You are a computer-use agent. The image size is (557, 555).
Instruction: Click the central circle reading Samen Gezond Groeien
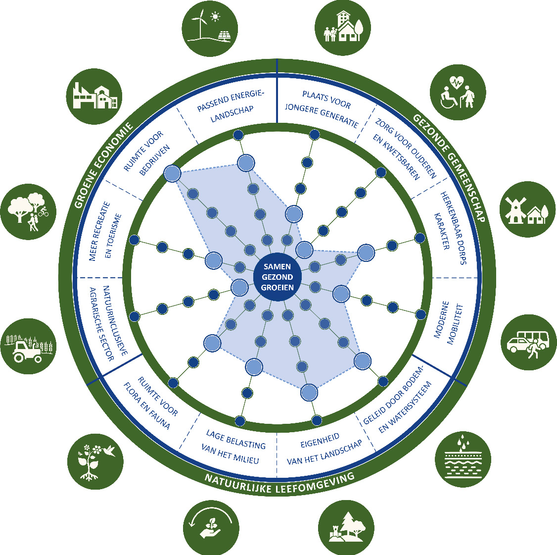click(x=277, y=277)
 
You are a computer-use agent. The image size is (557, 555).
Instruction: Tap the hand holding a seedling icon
click(x=211, y=526)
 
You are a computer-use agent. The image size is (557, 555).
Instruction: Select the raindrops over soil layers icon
click(x=463, y=459)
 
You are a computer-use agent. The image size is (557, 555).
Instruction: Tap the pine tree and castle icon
click(x=345, y=526)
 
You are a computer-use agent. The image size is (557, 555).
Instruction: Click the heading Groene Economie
click(x=103, y=165)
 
